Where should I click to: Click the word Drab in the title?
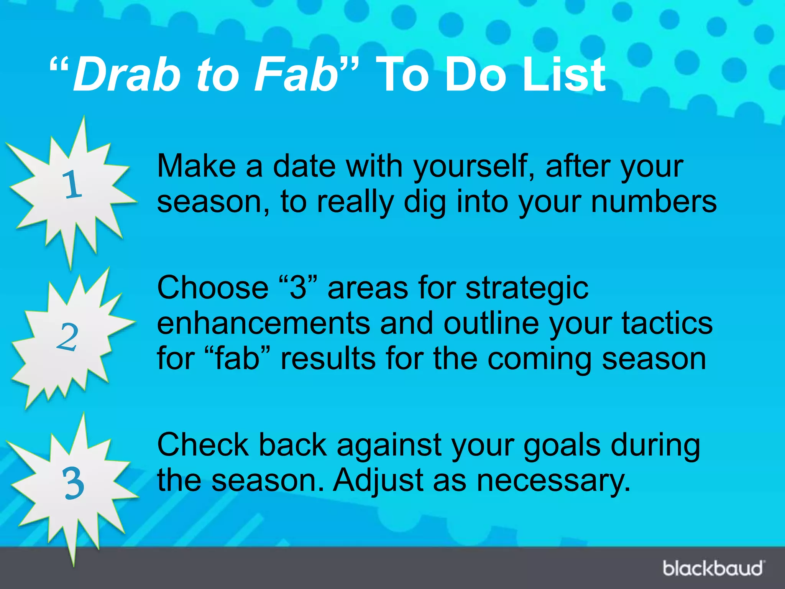tap(126, 75)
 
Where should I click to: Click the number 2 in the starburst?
tap(67, 337)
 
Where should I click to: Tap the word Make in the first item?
tap(196, 166)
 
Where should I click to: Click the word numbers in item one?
tap(654, 202)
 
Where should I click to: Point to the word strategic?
tap(527, 288)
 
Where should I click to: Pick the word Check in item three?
tap(203, 445)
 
